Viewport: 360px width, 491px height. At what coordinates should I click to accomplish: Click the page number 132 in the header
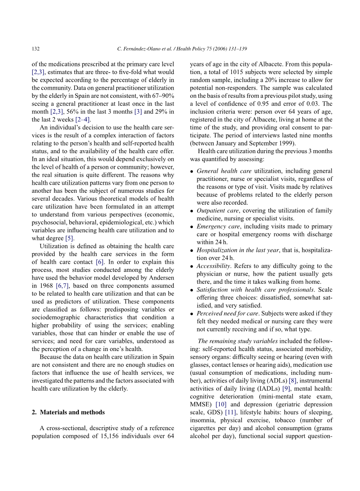coord(36,49)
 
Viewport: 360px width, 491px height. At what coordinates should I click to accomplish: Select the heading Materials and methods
coord(71,412)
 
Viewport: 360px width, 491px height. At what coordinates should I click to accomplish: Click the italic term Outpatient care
coord(217,211)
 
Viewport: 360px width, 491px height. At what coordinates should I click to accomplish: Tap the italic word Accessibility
coord(213,266)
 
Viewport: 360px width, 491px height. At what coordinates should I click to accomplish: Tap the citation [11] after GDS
coord(231,412)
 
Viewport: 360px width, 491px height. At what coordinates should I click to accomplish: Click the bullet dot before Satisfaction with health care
coord(192,290)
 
